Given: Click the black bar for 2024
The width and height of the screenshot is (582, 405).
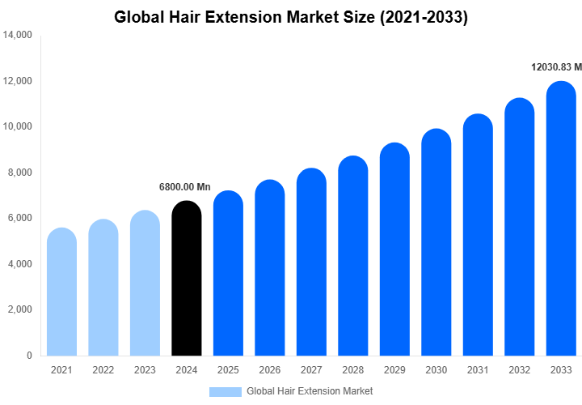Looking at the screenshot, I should coord(187,279).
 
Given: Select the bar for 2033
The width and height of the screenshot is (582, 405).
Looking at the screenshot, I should coord(561,219).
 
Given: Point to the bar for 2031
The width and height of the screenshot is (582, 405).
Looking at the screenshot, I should coord(478,235).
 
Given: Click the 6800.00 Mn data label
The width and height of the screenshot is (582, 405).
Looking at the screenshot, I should coord(184,187).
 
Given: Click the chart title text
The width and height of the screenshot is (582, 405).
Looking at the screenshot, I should coord(291,17).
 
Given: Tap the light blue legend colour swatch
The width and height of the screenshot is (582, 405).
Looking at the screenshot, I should coord(226,391).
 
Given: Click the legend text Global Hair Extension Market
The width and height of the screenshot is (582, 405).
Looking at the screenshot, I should coord(310,391).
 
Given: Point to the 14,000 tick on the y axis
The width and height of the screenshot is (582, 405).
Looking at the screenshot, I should coord(18,36).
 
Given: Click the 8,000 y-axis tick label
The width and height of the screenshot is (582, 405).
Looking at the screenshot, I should coord(20,173).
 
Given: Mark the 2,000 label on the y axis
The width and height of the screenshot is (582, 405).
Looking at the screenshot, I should coord(20,309).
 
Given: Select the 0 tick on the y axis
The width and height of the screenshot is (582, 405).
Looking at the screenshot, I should coord(29,356).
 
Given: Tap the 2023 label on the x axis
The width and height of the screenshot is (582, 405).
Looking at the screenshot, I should coord(145,370).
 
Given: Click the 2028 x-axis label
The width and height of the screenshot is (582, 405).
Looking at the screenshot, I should coord(353,370).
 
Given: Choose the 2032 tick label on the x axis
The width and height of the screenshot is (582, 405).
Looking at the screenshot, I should coord(520,370).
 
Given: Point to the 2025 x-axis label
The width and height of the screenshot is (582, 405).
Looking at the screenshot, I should coord(229,370).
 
